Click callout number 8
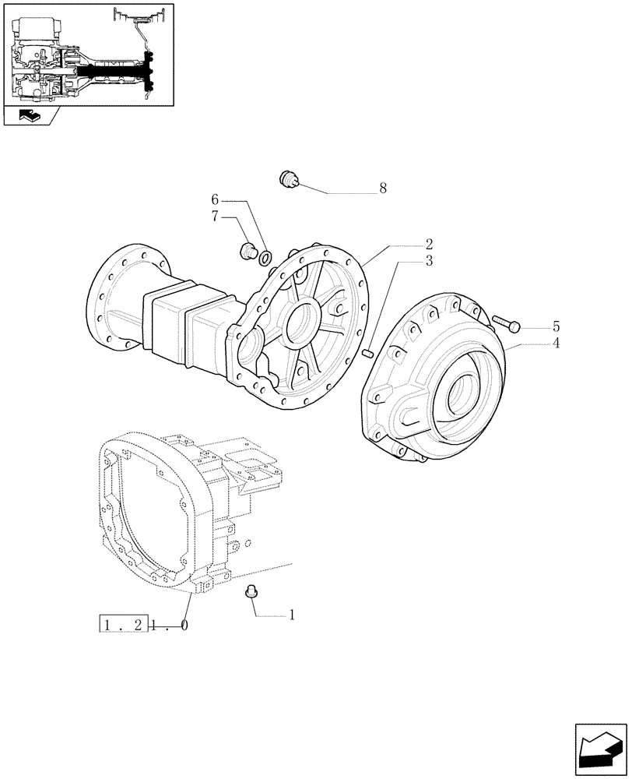(x=382, y=189)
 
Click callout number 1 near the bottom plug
(x=292, y=615)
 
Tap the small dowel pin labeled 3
(x=369, y=354)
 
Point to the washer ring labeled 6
(x=265, y=257)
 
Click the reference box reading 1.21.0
(x=143, y=624)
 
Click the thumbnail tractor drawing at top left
(x=87, y=54)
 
